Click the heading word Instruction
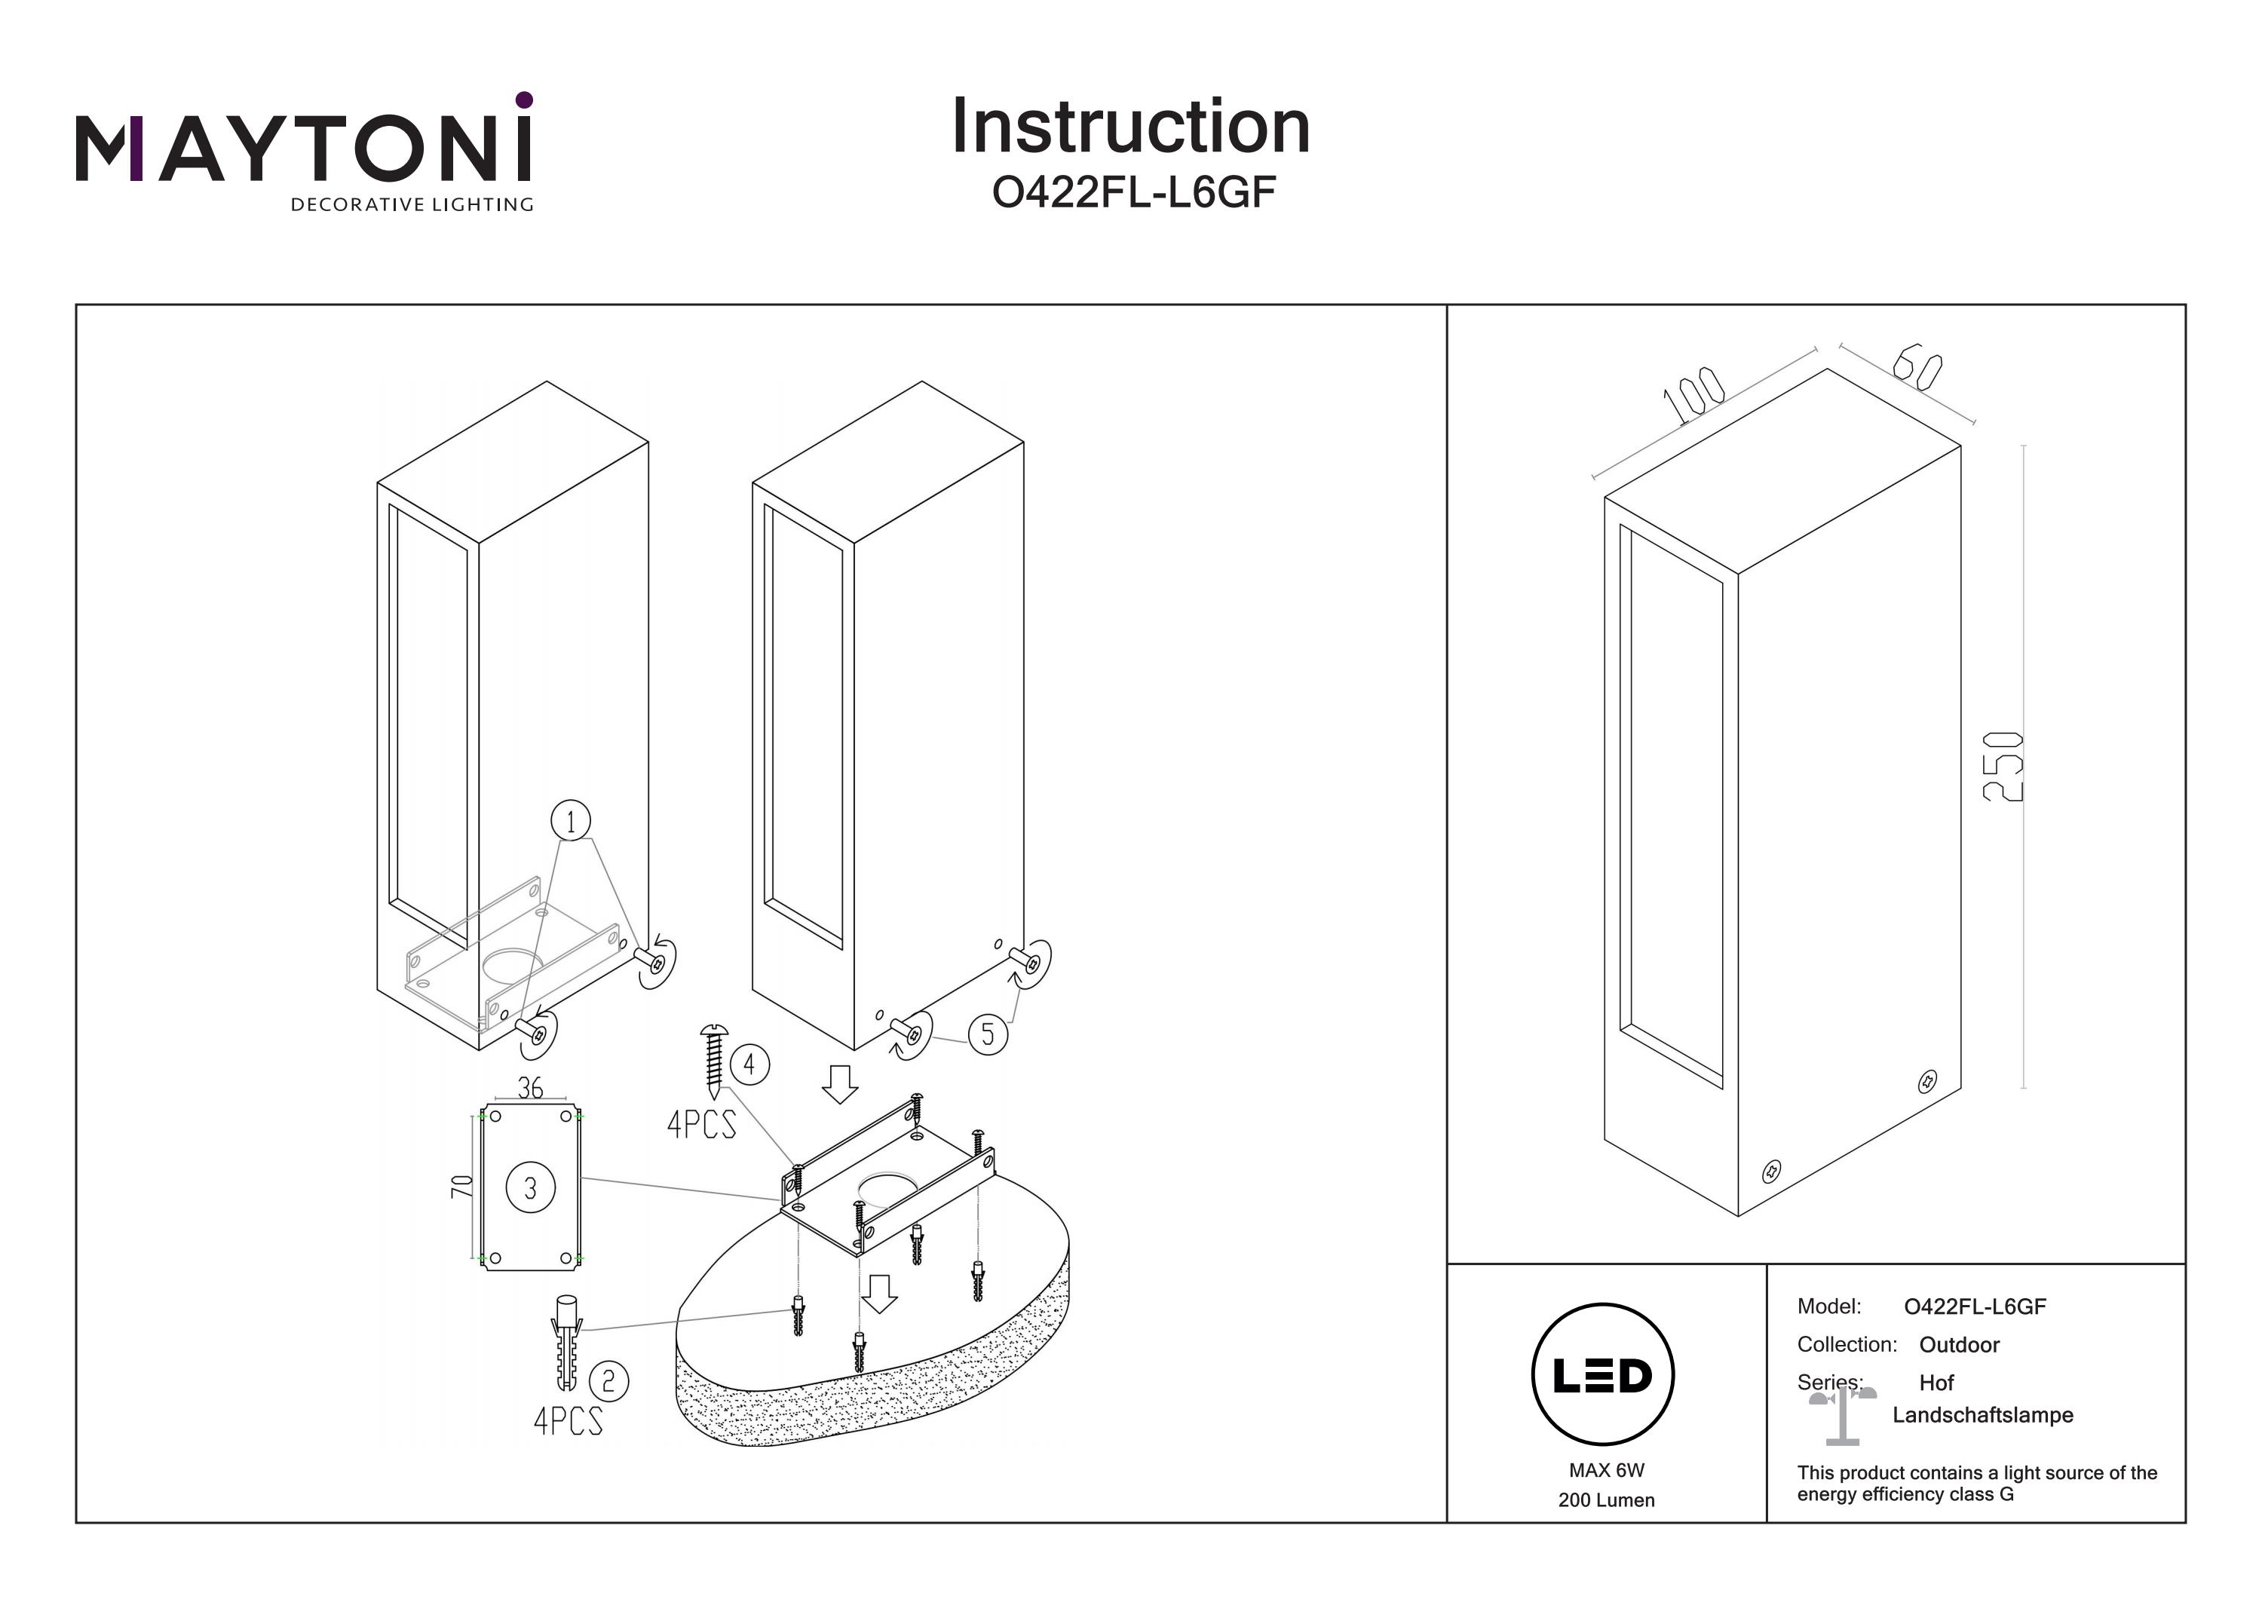click(1130, 127)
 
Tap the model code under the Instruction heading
click(1133, 193)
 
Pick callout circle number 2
click(608, 1380)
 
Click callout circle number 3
click(530, 1188)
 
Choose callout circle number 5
click(987, 1034)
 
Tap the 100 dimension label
click(1693, 395)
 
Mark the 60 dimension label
click(1916, 367)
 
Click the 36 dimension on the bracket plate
click(530, 1089)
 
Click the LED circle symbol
click(1602, 1375)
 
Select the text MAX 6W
click(1606, 1470)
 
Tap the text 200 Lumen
click(1606, 1500)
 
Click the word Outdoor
click(1959, 1345)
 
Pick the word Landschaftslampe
click(1982, 1415)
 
